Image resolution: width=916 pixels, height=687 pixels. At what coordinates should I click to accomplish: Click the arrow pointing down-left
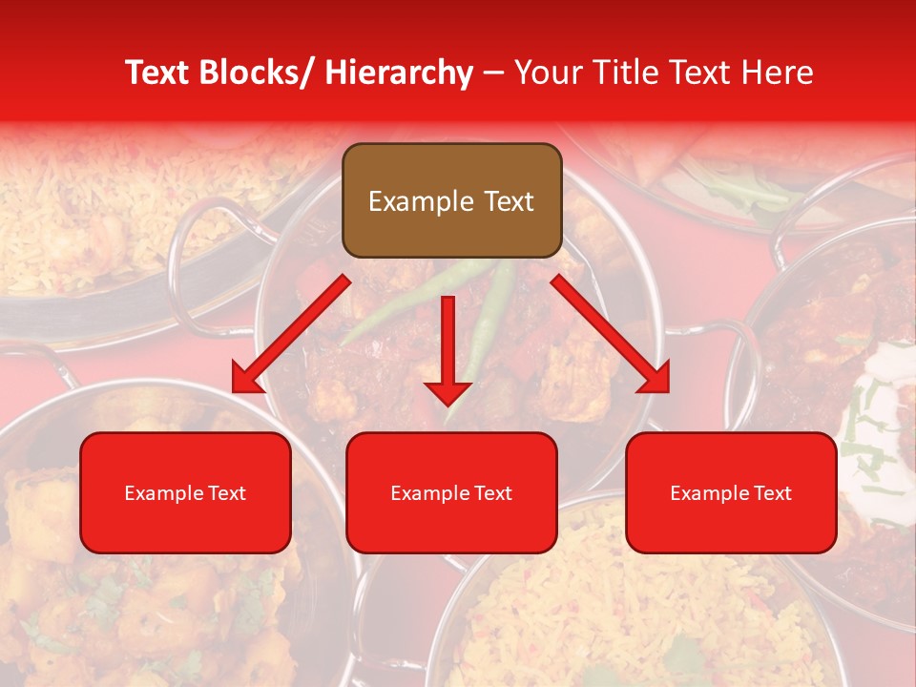(291, 333)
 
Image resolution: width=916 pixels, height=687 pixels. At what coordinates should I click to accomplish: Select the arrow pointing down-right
(611, 333)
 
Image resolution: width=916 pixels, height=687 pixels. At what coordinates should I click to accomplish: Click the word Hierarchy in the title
(399, 73)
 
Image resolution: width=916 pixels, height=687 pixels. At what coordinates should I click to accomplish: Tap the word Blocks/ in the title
(262, 73)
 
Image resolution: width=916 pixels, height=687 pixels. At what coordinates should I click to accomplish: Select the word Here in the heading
(778, 73)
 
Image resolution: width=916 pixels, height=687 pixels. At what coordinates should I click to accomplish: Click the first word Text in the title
(158, 73)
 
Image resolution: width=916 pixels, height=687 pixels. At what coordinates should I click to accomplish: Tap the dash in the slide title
(493, 73)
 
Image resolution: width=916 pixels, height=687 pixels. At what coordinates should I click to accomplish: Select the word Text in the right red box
(772, 493)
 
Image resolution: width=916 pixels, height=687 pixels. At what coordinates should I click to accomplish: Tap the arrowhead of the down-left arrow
(245, 380)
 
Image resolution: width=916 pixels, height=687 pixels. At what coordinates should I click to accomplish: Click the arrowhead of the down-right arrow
(656, 380)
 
